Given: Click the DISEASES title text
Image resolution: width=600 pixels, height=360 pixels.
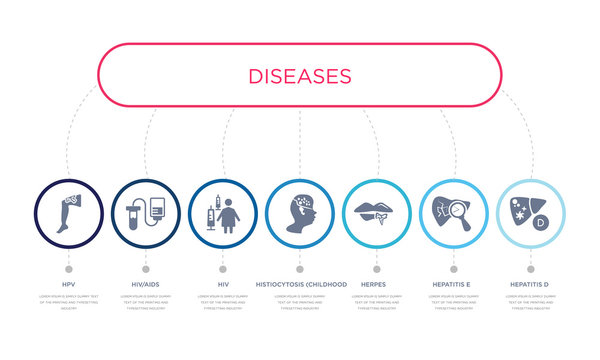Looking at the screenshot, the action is point(299,76).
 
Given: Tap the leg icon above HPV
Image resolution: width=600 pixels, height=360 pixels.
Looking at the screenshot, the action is point(68,214).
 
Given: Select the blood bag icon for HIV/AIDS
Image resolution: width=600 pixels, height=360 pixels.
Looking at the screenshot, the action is point(145,214).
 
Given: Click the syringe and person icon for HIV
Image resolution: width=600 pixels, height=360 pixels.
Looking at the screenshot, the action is point(222,214).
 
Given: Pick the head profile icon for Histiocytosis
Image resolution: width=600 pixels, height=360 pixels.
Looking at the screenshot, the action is point(299,214).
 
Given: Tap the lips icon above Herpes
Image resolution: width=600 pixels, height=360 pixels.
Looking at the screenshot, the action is point(377,214).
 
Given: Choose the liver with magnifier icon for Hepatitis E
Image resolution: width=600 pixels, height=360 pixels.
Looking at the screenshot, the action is point(454,214).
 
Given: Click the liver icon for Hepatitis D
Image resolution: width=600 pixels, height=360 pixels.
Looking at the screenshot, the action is point(531,214).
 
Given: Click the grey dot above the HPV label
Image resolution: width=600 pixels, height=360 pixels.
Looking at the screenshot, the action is point(68,269).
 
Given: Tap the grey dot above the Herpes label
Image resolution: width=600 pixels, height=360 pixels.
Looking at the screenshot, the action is point(377,269).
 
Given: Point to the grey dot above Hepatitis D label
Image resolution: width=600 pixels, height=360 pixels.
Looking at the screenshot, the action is point(531,269).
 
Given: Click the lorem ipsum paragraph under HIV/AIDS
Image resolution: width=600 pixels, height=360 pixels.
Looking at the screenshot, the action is point(145,302).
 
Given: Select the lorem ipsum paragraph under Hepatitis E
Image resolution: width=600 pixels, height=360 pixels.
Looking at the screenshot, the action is point(454,302).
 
